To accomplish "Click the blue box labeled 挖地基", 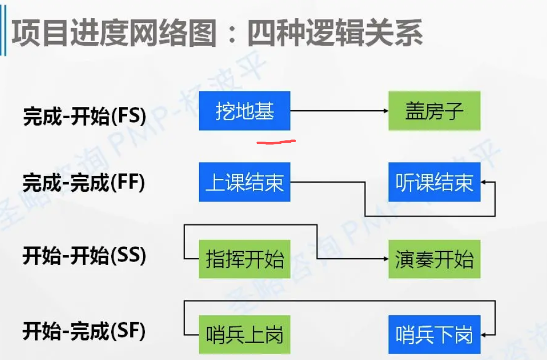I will tap(245, 111).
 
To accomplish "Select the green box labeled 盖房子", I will tap(434, 111).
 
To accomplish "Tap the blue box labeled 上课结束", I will tap(245, 182).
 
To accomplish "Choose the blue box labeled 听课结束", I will tap(434, 182).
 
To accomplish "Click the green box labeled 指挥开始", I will tap(245, 259).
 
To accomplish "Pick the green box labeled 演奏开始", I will tap(434, 259).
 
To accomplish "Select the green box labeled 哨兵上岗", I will tap(245, 335).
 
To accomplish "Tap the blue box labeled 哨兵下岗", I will tap(434, 335).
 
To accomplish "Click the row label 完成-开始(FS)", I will tap(84, 116).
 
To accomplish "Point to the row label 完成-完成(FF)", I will tap(84, 183).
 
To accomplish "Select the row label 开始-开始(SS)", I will tap(84, 256).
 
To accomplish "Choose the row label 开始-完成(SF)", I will tap(84, 332).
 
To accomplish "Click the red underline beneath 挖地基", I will tap(276, 142).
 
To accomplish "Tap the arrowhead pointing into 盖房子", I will tap(386, 111).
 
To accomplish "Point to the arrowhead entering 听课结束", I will tap(484, 183).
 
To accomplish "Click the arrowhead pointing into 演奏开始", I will tap(386, 259).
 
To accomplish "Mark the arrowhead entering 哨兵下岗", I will tap(484, 335).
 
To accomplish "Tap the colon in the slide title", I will tap(232, 35).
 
